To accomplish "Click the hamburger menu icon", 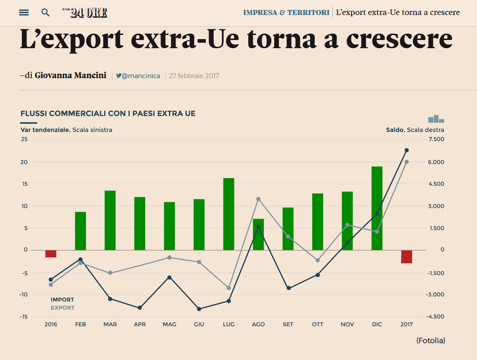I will point(24,12).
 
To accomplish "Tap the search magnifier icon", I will point(45,12).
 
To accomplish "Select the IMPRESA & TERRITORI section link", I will point(286,12).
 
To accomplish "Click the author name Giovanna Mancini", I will point(70,75).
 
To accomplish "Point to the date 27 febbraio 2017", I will point(194,76).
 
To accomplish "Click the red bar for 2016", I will point(51,254).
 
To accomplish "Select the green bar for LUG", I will point(229,214).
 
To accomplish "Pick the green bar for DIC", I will point(377,208).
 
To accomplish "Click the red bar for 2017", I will point(407,256).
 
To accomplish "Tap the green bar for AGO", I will point(258,235).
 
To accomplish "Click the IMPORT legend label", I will point(62,300).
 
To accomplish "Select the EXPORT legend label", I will point(62,308).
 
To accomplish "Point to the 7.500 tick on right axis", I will point(436,139).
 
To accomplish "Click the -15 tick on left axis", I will point(24,317).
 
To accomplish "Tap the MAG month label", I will point(169,325).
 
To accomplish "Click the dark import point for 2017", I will point(407,150).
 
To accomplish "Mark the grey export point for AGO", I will point(258,199).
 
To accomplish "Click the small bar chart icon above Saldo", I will point(436,119).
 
